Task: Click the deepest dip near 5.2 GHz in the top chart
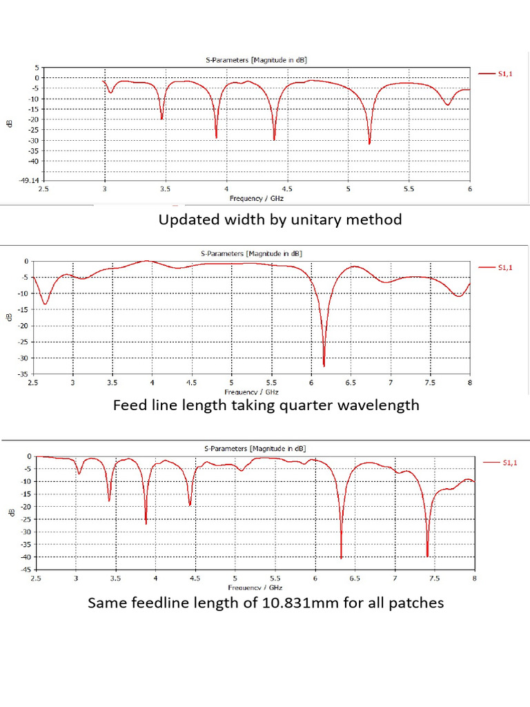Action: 369,143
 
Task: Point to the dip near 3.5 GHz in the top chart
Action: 162,118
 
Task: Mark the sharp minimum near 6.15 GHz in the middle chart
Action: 324,365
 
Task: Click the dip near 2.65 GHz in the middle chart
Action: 45,303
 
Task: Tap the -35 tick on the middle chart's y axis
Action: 23,374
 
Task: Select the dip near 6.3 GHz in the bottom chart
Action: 341,556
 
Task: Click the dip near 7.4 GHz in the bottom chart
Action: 427,555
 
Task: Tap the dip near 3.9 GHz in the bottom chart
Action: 146,523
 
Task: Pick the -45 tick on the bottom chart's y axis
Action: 23,570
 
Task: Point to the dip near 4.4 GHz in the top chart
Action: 274,139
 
